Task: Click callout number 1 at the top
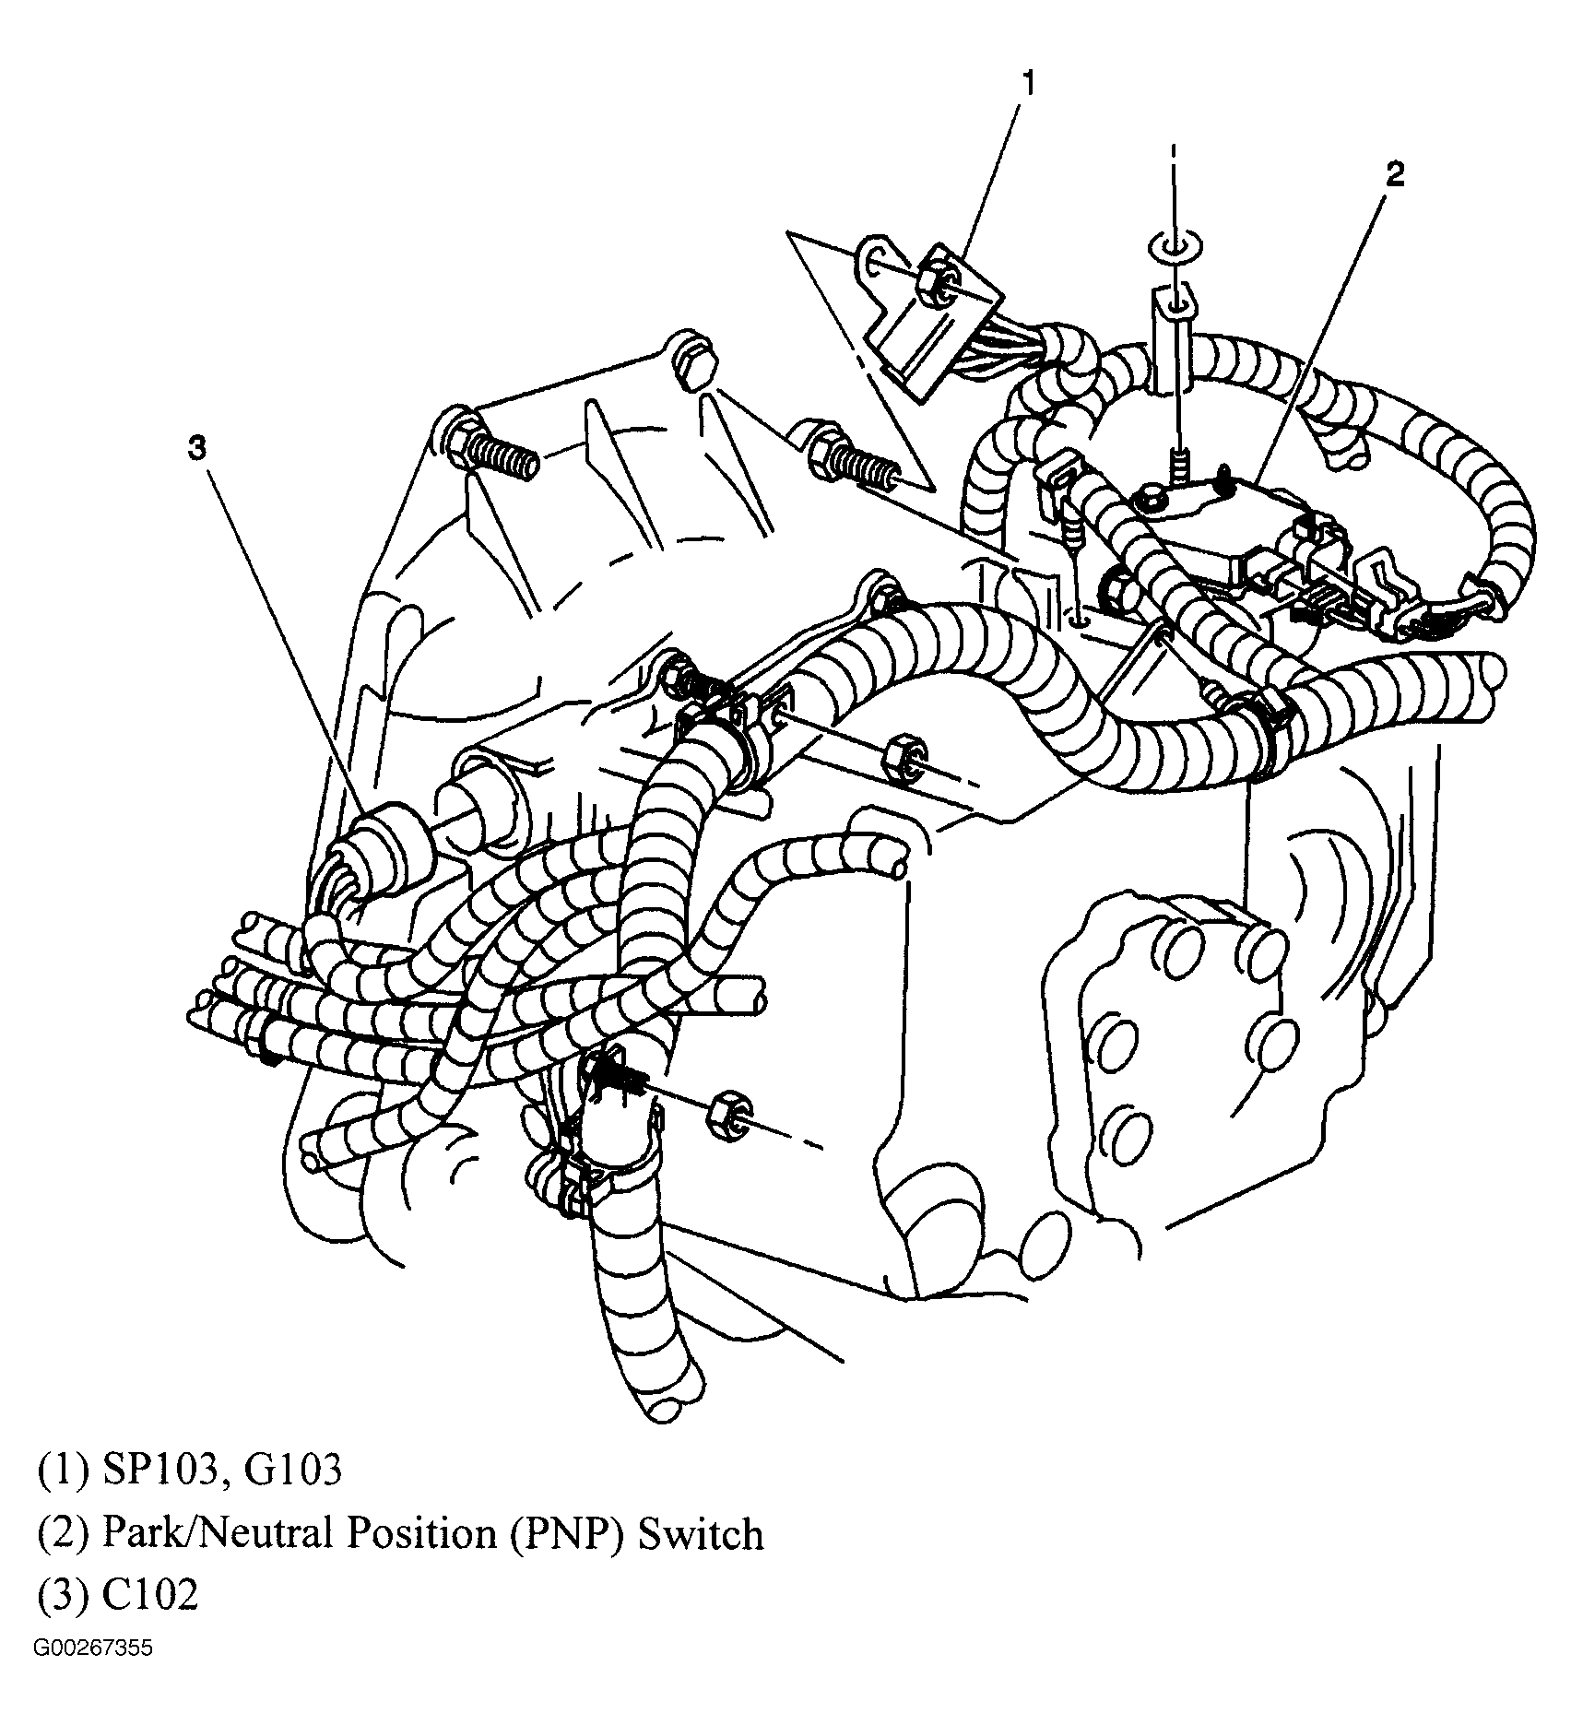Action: click(x=1028, y=85)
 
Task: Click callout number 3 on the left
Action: click(x=196, y=449)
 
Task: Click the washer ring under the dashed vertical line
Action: click(x=1173, y=246)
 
